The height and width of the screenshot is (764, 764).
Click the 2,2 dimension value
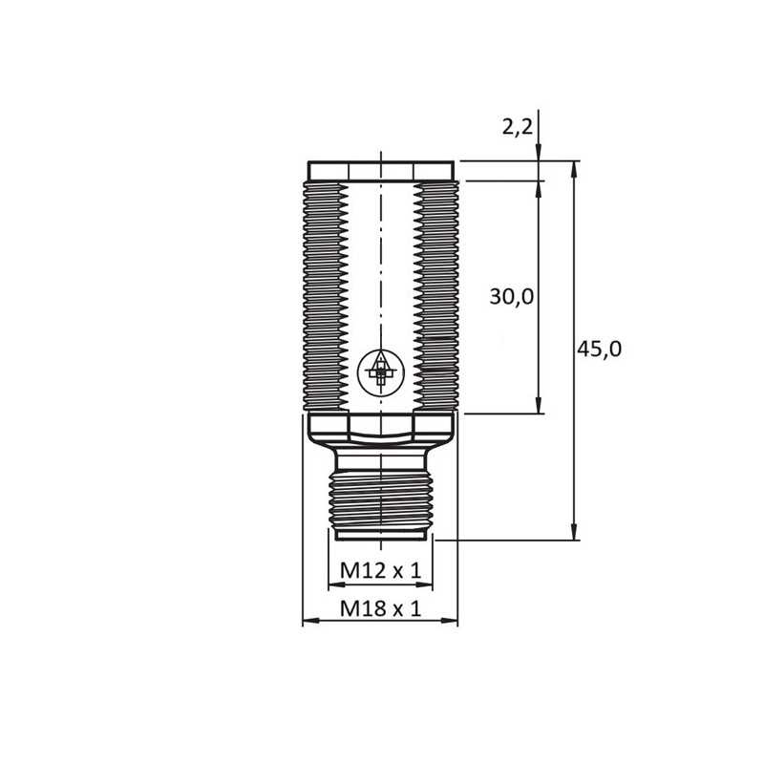tap(517, 126)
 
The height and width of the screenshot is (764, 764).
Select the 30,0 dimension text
tap(511, 297)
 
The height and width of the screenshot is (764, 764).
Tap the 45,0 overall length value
tap(599, 350)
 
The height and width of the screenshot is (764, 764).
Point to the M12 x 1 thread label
tap(380, 571)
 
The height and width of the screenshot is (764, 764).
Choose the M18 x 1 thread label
tap(380, 608)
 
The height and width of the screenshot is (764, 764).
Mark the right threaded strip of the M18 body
tap(436, 296)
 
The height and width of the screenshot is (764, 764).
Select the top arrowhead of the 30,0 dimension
tap(539, 188)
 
